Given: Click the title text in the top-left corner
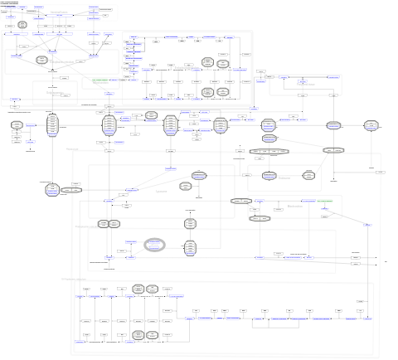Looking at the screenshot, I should (x=12, y=4).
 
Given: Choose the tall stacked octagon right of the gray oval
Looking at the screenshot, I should (x=190, y=246).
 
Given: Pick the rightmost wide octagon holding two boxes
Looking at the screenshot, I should (x=332, y=150).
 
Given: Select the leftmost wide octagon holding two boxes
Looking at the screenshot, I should (x=72, y=190).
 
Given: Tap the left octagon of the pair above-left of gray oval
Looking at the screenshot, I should (x=104, y=224).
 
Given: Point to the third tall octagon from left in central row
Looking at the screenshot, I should (x=171, y=124).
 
